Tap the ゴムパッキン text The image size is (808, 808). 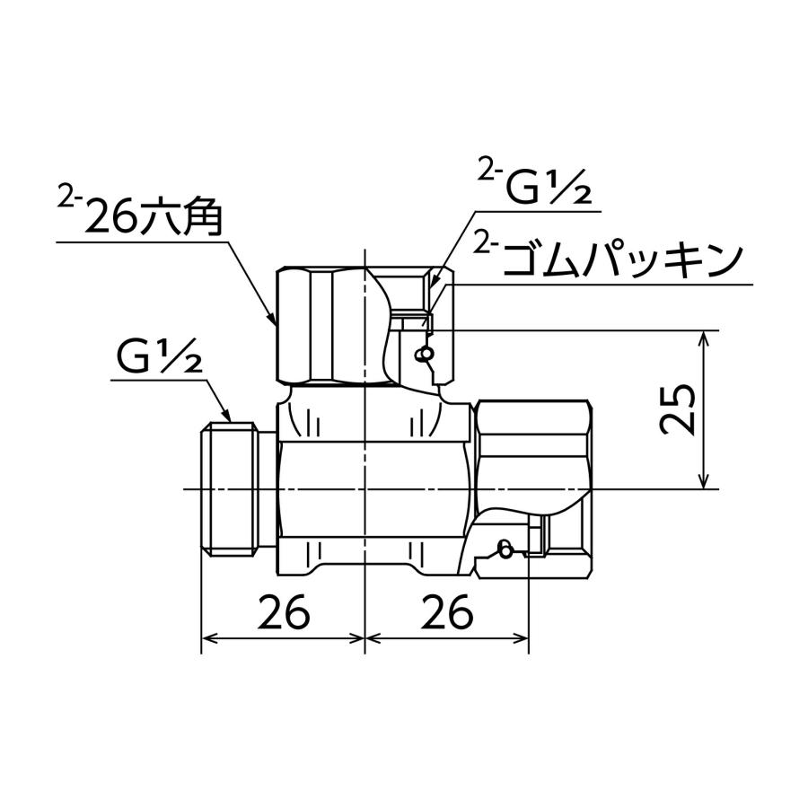pyautogui.click(x=623, y=260)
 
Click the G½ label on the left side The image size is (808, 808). pyautogui.click(x=158, y=357)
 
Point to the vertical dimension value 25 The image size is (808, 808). pyautogui.click(x=678, y=409)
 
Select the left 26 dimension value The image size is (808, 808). pyautogui.click(x=284, y=613)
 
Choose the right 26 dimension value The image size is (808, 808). pyautogui.click(x=446, y=613)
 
